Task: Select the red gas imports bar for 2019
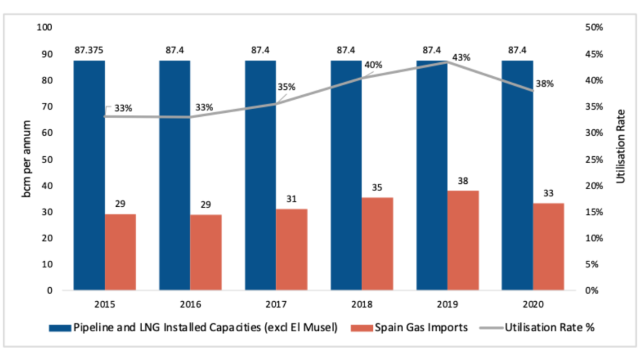(463, 240)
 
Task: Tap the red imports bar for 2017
(292, 249)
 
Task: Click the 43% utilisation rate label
(461, 58)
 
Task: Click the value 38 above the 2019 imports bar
(463, 181)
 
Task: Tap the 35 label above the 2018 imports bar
(377, 188)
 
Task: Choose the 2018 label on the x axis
(362, 305)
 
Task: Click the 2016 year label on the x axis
(191, 305)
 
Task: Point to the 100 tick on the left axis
(45, 28)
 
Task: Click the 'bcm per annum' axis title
(27, 159)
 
